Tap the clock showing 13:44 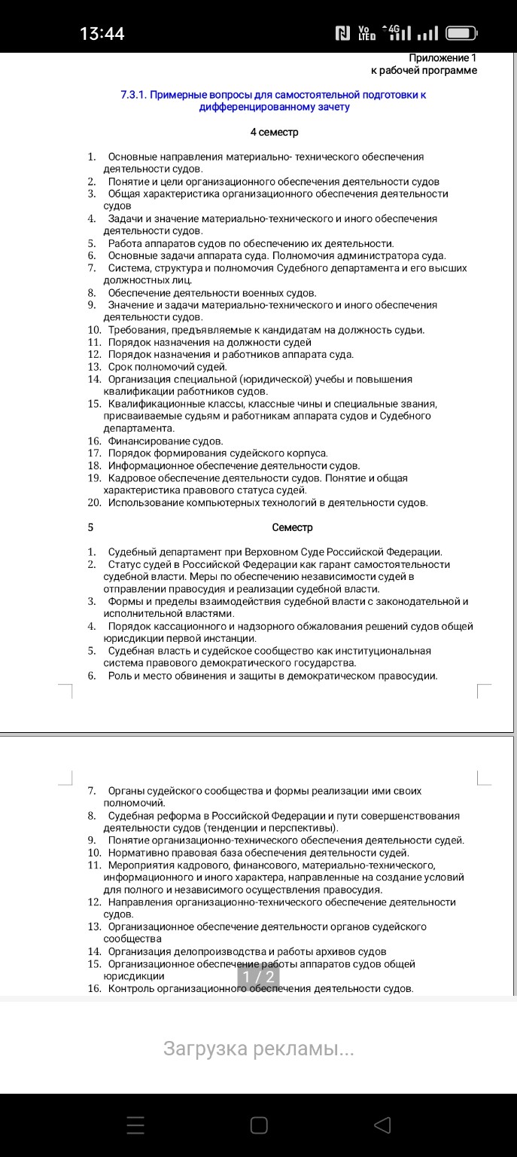(102, 33)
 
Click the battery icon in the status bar (461, 33)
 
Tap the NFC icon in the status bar (343, 33)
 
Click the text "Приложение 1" (442, 58)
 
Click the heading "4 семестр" (274, 133)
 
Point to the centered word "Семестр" (292, 527)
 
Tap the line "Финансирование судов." (166, 441)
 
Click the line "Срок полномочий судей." (167, 367)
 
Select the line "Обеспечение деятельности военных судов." (212, 292)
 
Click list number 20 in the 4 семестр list (94, 502)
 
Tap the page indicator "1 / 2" (258, 976)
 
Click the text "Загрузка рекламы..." (258, 1049)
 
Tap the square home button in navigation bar (258, 1125)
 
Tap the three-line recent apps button (135, 1125)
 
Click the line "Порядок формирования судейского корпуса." (218, 453)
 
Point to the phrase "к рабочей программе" (424, 70)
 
